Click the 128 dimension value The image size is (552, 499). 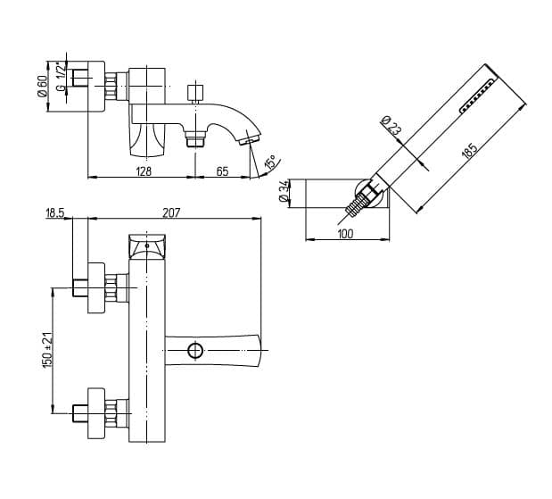tap(144, 171)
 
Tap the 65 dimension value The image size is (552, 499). tap(222, 171)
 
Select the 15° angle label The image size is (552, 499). tap(271, 162)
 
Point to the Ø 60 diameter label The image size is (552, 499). tap(42, 87)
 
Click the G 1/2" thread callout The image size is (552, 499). tap(61, 78)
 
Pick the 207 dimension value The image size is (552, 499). tap(171, 212)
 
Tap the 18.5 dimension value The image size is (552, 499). tap(55, 212)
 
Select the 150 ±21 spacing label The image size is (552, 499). tap(48, 350)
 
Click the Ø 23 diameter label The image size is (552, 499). tap(391, 126)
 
